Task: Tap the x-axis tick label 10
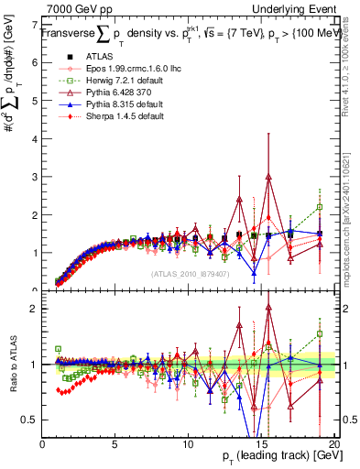point(188,443)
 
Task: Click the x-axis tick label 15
point(261,443)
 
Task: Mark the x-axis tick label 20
point(333,443)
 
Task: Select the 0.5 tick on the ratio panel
point(30,420)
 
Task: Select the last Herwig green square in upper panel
point(320,207)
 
